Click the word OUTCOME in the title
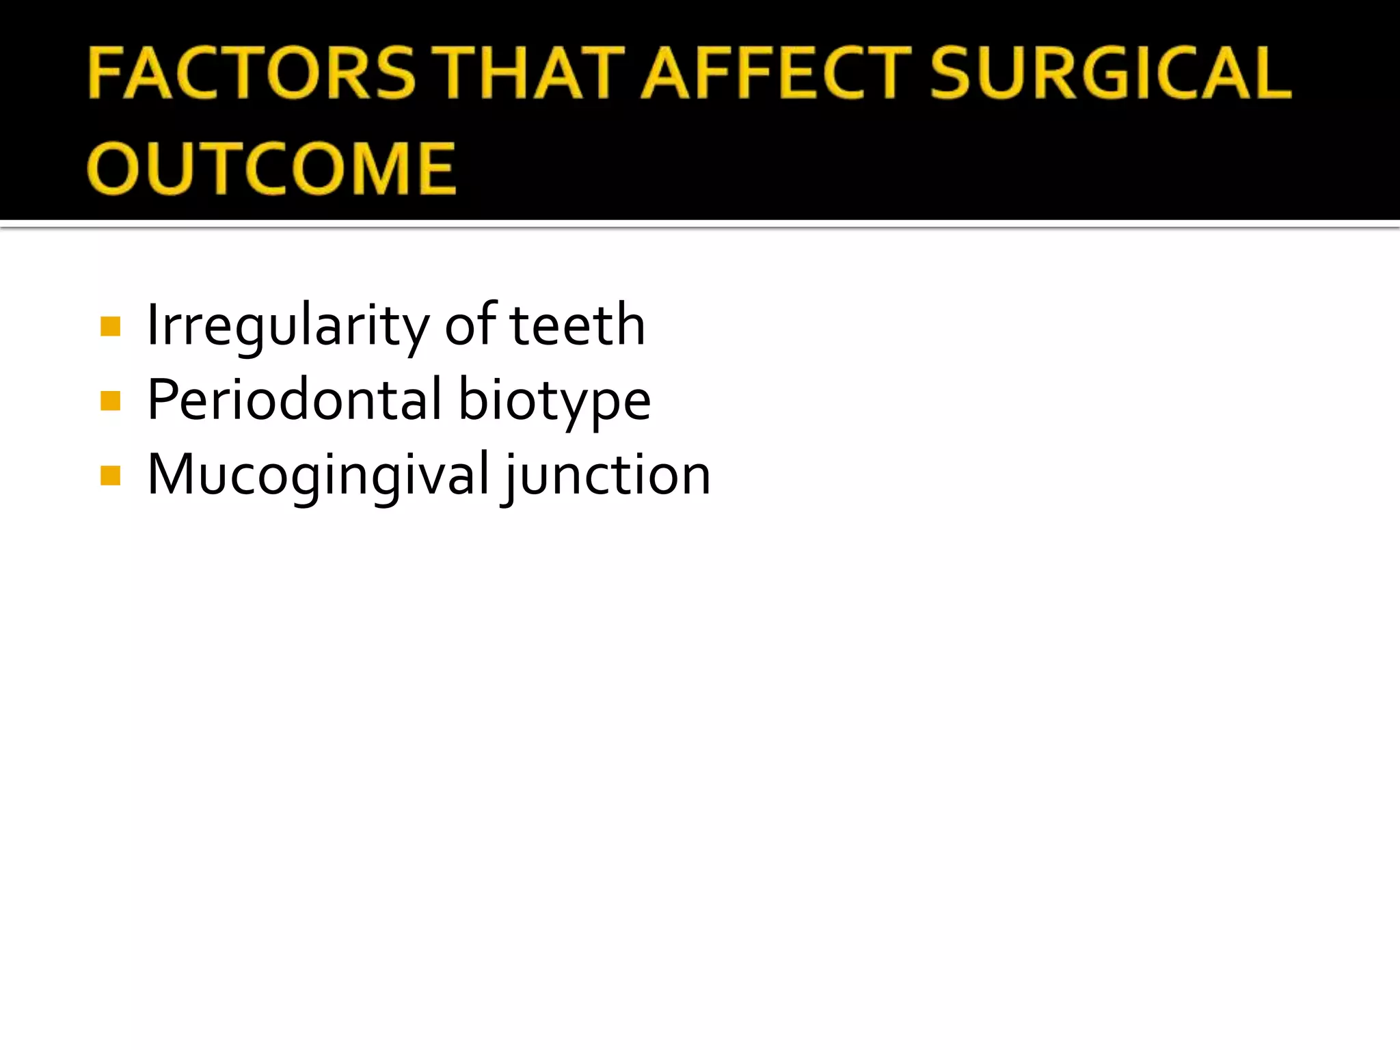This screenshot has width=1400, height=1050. (x=271, y=168)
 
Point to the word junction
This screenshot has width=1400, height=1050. (x=608, y=476)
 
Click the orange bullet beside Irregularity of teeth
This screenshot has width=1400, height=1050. (x=110, y=326)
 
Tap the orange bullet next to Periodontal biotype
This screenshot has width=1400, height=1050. (x=110, y=401)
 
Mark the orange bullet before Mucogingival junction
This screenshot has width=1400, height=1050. (x=110, y=475)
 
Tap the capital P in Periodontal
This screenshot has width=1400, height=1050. (x=162, y=399)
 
